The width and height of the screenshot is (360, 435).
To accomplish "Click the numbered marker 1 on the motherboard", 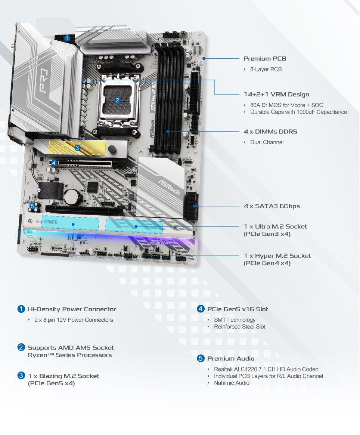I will coord(67,38).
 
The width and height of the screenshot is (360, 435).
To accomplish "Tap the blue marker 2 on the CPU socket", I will coord(117,100).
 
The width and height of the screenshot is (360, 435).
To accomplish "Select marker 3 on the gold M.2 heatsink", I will coord(77,148).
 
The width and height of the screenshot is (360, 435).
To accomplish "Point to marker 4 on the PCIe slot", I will coord(54,163).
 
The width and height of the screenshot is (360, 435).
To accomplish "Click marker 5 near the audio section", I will coord(32,206).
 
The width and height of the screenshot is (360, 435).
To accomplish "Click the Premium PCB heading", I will coord(265,59).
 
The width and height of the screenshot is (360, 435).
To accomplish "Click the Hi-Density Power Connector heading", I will coord(72,309).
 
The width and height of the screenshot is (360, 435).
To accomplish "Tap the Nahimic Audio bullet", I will coord(232,383).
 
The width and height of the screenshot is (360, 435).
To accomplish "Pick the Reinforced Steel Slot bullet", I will coord(239,327).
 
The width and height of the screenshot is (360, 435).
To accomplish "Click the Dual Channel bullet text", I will coord(267,142).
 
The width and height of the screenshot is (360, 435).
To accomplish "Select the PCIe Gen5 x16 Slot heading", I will coord(238,309).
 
